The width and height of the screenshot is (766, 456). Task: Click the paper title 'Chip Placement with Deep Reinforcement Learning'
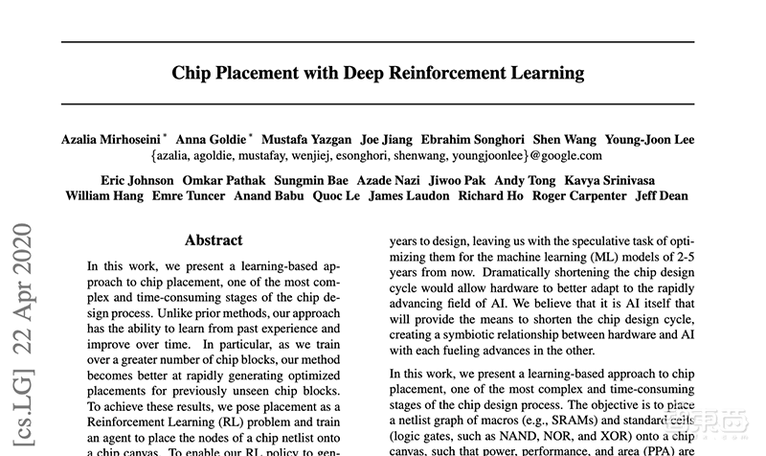point(377,73)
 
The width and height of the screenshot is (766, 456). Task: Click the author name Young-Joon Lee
point(650,139)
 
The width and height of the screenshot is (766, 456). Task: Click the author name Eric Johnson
point(137,180)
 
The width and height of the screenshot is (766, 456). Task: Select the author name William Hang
point(103,196)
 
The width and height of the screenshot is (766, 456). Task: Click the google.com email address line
point(376,155)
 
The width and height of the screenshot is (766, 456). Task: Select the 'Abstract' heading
point(213,240)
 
